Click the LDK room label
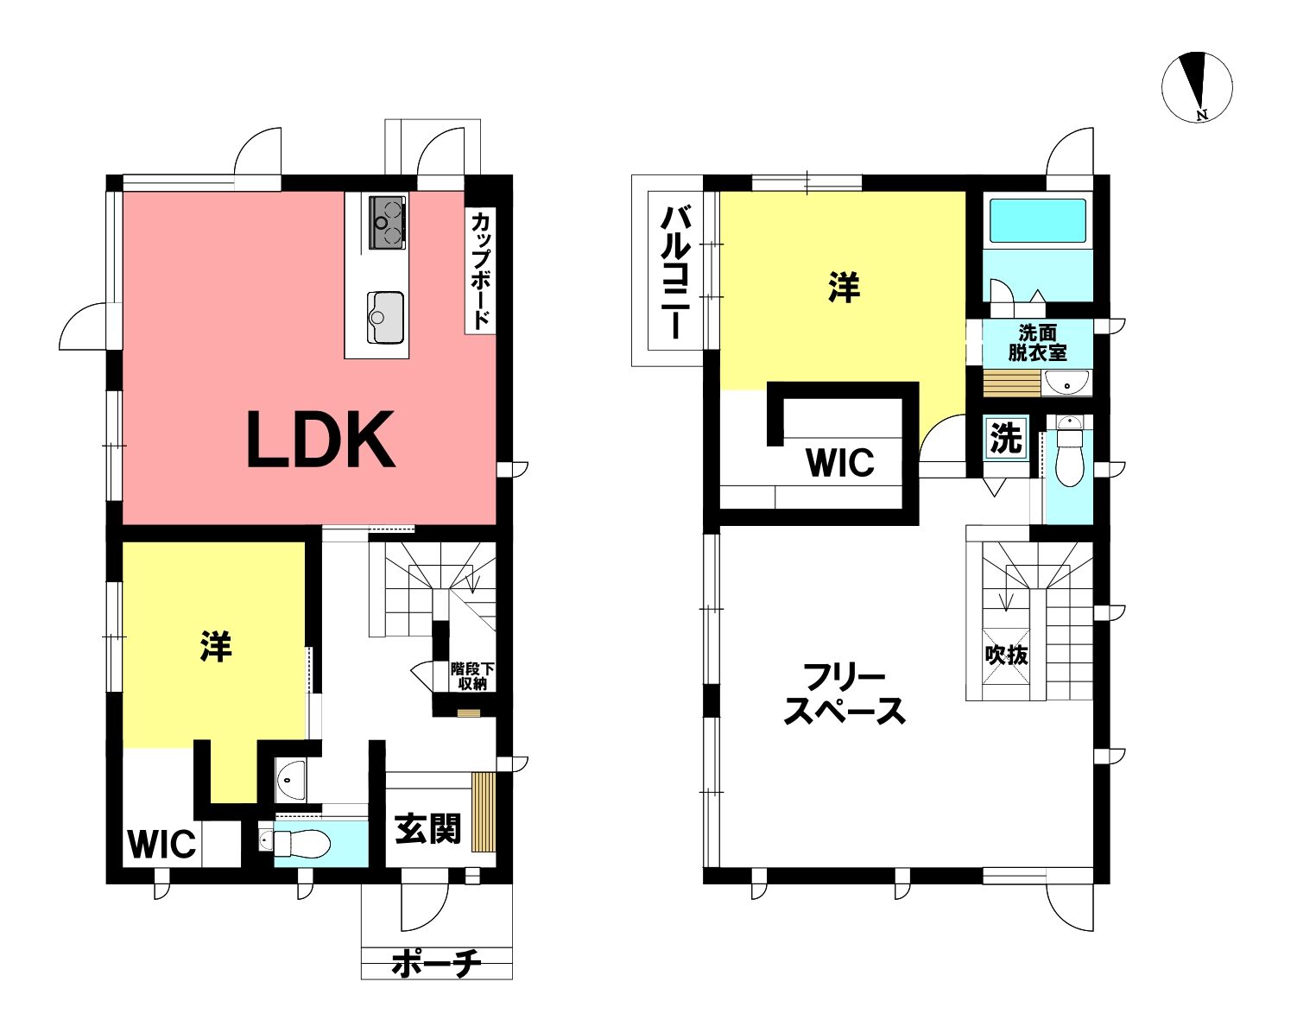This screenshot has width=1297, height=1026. point(320,440)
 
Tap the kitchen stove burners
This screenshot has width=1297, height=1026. point(387,223)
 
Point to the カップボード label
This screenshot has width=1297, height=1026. point(480,270)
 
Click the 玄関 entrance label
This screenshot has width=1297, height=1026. point(428,829)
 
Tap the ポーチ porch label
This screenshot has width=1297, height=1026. point(436,964)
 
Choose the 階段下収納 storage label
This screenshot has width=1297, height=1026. point(472,676)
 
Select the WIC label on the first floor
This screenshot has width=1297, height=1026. point(161,844)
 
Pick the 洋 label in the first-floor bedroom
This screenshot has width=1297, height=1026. point(216,646)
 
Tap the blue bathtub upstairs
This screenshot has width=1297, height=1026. point(1037,221)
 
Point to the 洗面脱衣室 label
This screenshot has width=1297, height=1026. point(1037,342)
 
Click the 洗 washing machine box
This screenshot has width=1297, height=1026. point(1006,438)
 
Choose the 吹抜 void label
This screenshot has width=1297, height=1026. point(1007,655)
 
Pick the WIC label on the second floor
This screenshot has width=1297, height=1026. point(840,462)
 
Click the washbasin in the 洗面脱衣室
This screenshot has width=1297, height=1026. point(1066,383)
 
